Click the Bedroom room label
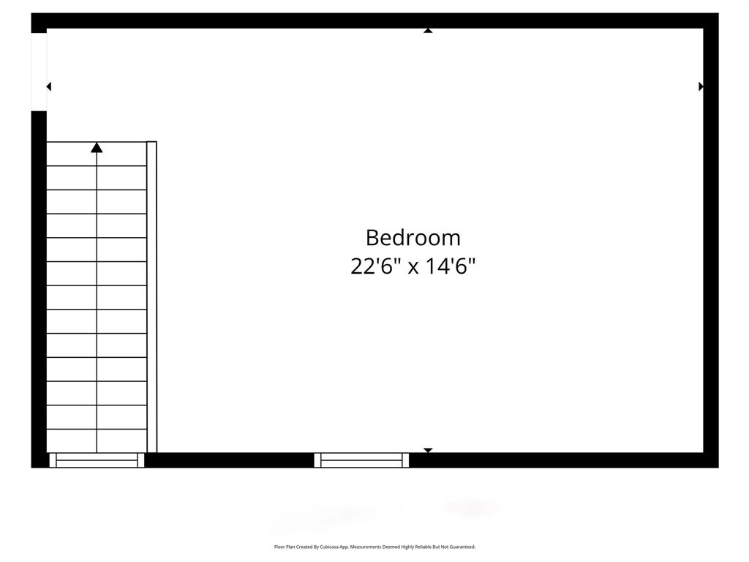coord(413,238)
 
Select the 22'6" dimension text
coord(375,266)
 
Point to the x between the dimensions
coord(413,267)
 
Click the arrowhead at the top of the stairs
coord(97,148)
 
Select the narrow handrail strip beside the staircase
coord(151,296)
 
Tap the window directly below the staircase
coord(97,460)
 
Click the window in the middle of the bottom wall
coord(361,460)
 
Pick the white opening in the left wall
coord(39,72)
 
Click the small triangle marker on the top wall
coord(428,31)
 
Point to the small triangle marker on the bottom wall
coord(428,450)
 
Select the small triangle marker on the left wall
coord(49,86)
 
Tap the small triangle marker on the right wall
coord(701,86)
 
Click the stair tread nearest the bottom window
coord(97,441)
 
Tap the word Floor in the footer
coord(279,547)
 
